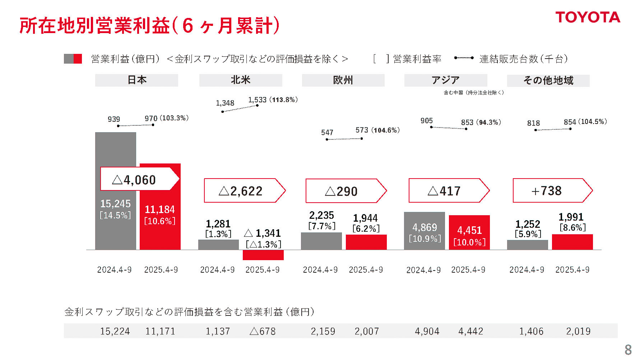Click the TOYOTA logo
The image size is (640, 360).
click(588, 17)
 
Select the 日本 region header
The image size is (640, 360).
click(136, 80)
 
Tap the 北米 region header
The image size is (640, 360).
click(241, 80)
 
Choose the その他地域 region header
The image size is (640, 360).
click(548, 80)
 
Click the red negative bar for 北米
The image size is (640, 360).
click(263, 255)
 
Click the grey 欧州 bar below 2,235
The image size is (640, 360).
click(321, 241)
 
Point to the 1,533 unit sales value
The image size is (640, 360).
click(257, 100)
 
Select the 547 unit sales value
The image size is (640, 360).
click(327, 133)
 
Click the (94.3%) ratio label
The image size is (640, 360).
click(489, 123)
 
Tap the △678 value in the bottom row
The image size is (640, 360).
click(263, 331)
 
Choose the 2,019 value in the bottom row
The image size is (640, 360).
click(578, 331)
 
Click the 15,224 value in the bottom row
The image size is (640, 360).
click(115, 331)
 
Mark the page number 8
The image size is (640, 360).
click(628, 350)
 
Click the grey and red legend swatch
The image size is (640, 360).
click(73, 59)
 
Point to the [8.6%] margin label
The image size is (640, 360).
click(572, 227)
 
